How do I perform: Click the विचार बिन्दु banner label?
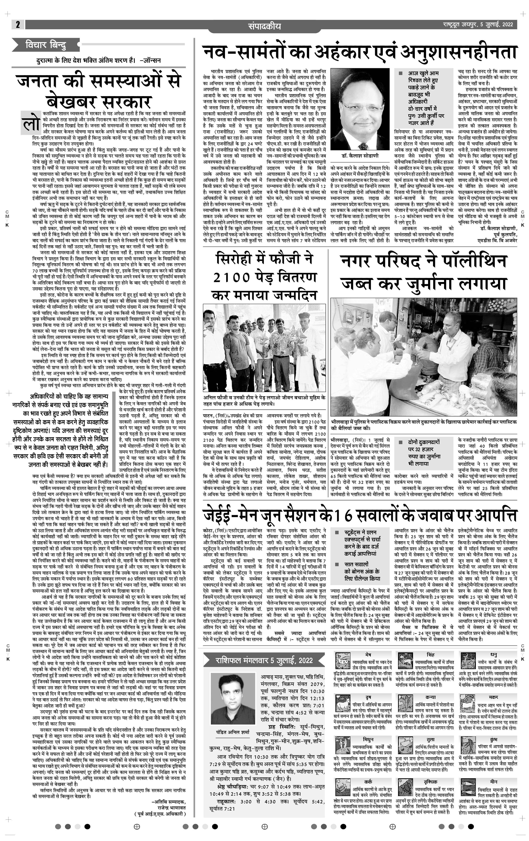[x=45, y=45]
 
